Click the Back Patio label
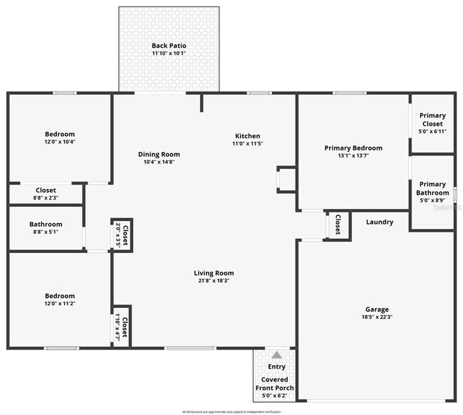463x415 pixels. tap(169, 46)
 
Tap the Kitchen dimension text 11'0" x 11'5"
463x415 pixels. tap(248, 144)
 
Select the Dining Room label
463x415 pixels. tap(159, 154)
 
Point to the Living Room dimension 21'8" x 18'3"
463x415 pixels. tap(214, 280)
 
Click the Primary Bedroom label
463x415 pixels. tap(353, 148)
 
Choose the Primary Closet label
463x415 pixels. tap(432, 119)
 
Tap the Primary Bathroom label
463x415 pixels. tap(432, 188)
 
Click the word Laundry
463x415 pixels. tap(380, 222)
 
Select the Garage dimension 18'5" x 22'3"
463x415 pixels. tap(378, 317)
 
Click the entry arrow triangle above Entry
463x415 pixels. tap(276, 354)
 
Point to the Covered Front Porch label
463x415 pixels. tap(275, 384)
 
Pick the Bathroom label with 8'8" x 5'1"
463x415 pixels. tap(46, 225)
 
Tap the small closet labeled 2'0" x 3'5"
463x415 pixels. tap(122, 234)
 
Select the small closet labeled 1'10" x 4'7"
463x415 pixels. tap(122, 327)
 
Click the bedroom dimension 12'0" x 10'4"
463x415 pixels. tap(60, 142)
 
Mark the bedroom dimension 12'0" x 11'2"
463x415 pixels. tap(60, 303)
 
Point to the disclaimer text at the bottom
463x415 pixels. tap(231, 411)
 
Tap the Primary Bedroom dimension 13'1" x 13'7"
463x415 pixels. tap(353, 155)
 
